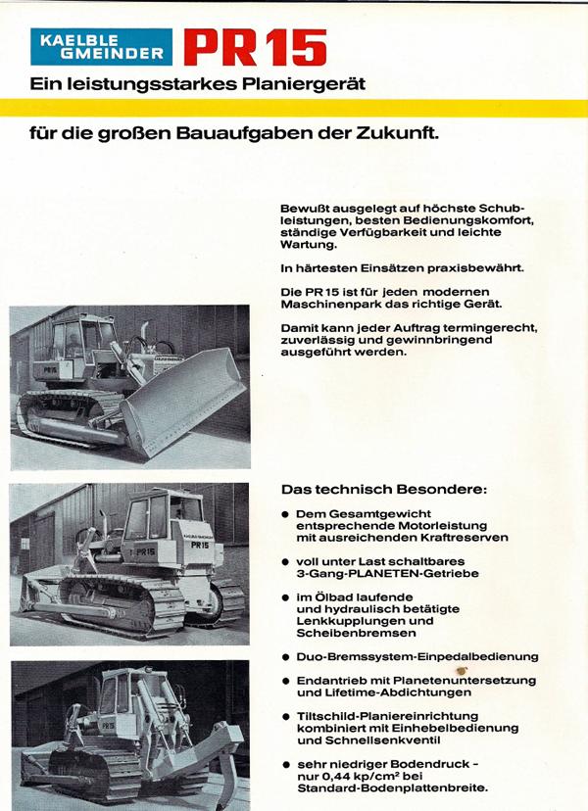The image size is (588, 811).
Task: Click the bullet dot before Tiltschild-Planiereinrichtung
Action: (285, 717)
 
